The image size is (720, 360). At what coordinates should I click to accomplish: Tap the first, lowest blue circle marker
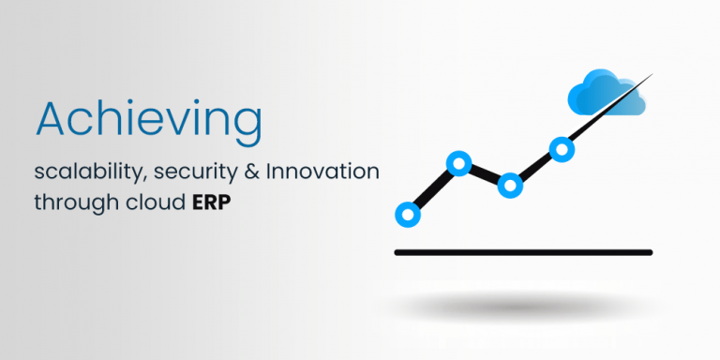click(408, 215)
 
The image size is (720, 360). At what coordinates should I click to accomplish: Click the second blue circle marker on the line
click(458, 164)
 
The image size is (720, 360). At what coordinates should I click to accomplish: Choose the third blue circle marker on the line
click(510, 185)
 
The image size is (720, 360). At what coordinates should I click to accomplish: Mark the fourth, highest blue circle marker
click(562, 148)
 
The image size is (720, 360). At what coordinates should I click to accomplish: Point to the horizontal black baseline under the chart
click(522, 252)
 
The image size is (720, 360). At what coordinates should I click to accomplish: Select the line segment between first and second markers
click(433, 189)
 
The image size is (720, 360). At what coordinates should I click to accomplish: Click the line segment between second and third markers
click(484, 174)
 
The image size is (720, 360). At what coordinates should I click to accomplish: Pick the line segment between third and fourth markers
click(535, 167)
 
